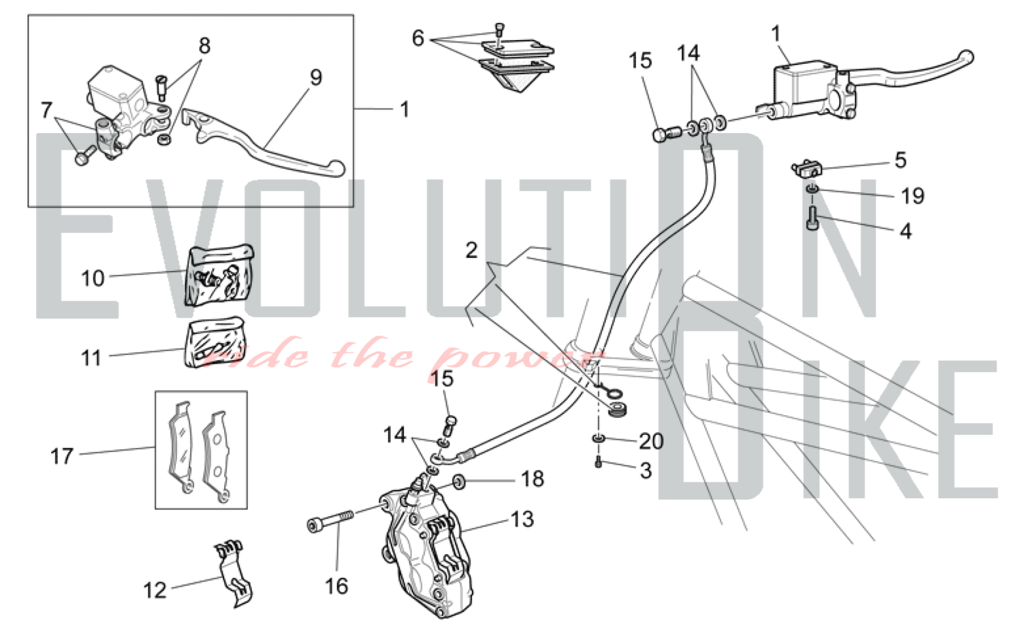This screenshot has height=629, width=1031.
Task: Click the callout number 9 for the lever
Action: [316, 77]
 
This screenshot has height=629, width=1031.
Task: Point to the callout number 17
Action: [61, 456]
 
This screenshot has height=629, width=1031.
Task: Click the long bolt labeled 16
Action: [330, 521]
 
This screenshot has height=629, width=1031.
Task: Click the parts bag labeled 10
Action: [219, 276]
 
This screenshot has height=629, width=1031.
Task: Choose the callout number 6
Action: [418, 38]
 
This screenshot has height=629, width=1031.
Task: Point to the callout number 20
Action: [651, 441]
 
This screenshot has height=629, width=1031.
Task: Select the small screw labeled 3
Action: [598, 462]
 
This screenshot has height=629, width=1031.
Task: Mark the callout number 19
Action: [912, 196]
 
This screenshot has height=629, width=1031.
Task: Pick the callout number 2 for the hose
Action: [471, 251]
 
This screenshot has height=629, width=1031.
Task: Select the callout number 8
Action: [205, 46]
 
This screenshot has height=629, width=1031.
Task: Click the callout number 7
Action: [46, 110]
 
